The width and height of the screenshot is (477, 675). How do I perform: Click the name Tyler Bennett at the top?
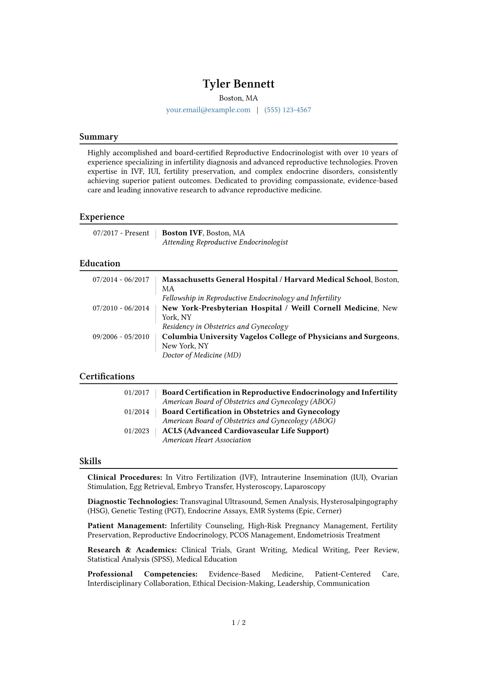tap(238, 84)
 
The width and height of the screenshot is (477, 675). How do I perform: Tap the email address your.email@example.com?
tap(208, 110)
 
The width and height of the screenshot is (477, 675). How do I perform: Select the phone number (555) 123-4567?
tap(287, 110)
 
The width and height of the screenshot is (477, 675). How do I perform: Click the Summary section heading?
tap(99, 137)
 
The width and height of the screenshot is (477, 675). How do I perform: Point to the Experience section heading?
tap(102, 217)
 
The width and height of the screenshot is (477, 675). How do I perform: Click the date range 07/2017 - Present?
tap(121, 233)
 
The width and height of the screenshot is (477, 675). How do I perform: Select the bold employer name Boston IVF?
tap(182, 233)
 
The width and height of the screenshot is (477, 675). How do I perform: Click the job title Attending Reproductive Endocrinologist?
tap(225, 242)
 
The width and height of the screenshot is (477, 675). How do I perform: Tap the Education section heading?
tap(100, 264)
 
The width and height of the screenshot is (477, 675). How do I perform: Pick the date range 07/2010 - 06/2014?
tap(121, 308)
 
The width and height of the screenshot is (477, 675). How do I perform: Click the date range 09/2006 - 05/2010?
tap(121, 336)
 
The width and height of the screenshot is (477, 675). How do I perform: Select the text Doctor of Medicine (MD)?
tap(201, 355)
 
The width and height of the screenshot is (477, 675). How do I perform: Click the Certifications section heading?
tap(107, 377)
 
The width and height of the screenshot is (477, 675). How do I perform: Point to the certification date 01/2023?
tap(136, 431)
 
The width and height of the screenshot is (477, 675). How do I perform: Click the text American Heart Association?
tap(206, 440)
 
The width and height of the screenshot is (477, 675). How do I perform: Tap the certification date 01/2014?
tap(136, 412)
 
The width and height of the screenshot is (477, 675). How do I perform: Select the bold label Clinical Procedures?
tap(125, 477)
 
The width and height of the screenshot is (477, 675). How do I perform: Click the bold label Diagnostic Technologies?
tap(133, 501)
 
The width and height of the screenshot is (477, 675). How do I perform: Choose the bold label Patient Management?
tap(127, 526)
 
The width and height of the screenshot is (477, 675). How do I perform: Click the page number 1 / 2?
tap(238, 622)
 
